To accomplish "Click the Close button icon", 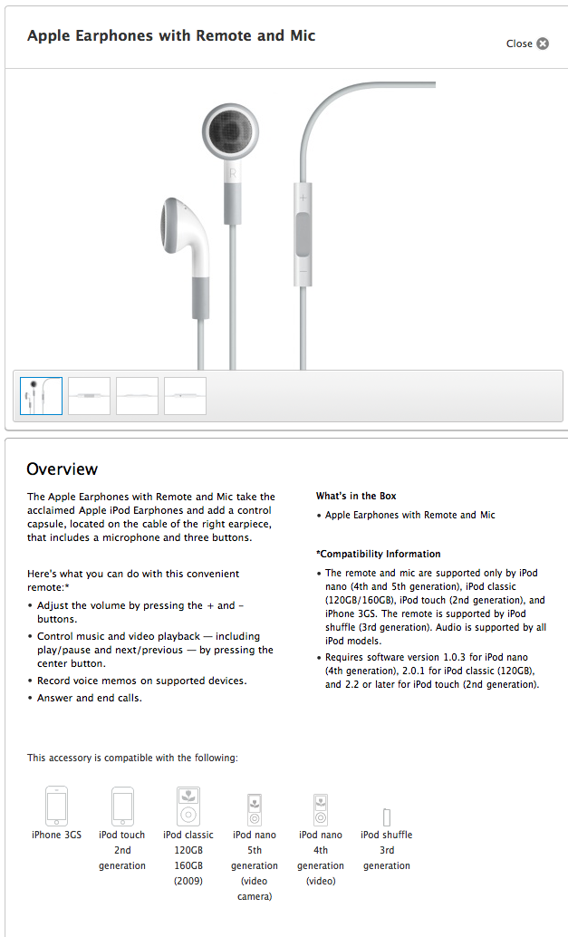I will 543,43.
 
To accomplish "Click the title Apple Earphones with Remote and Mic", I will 171,36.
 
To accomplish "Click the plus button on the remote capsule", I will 303,198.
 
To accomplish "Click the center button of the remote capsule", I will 303,234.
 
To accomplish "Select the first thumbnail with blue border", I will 41,396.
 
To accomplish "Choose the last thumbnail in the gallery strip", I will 185,396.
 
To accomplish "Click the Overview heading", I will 62,469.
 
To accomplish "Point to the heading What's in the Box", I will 356,497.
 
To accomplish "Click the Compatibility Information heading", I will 378,554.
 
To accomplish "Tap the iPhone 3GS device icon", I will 56,805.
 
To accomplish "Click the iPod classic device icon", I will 188,805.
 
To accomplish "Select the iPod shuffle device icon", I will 387,816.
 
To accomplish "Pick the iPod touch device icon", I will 122,805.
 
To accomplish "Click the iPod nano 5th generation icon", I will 255,808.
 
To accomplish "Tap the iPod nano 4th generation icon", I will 321,808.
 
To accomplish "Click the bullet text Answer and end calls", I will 91,698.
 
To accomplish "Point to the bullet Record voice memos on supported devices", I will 141,681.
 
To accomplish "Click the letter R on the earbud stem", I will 233,172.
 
